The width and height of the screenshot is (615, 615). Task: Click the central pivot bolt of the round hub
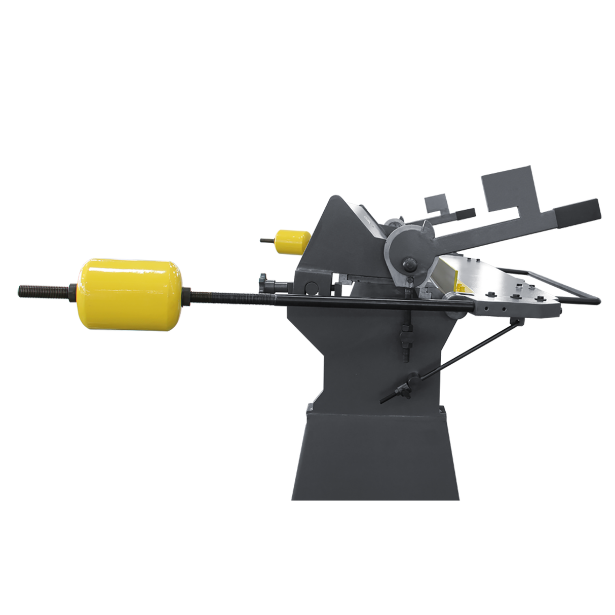pyautogui.click(x=407, y=264)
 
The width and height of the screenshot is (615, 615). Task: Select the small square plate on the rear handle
pyautogui.click(x=437, y=203)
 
